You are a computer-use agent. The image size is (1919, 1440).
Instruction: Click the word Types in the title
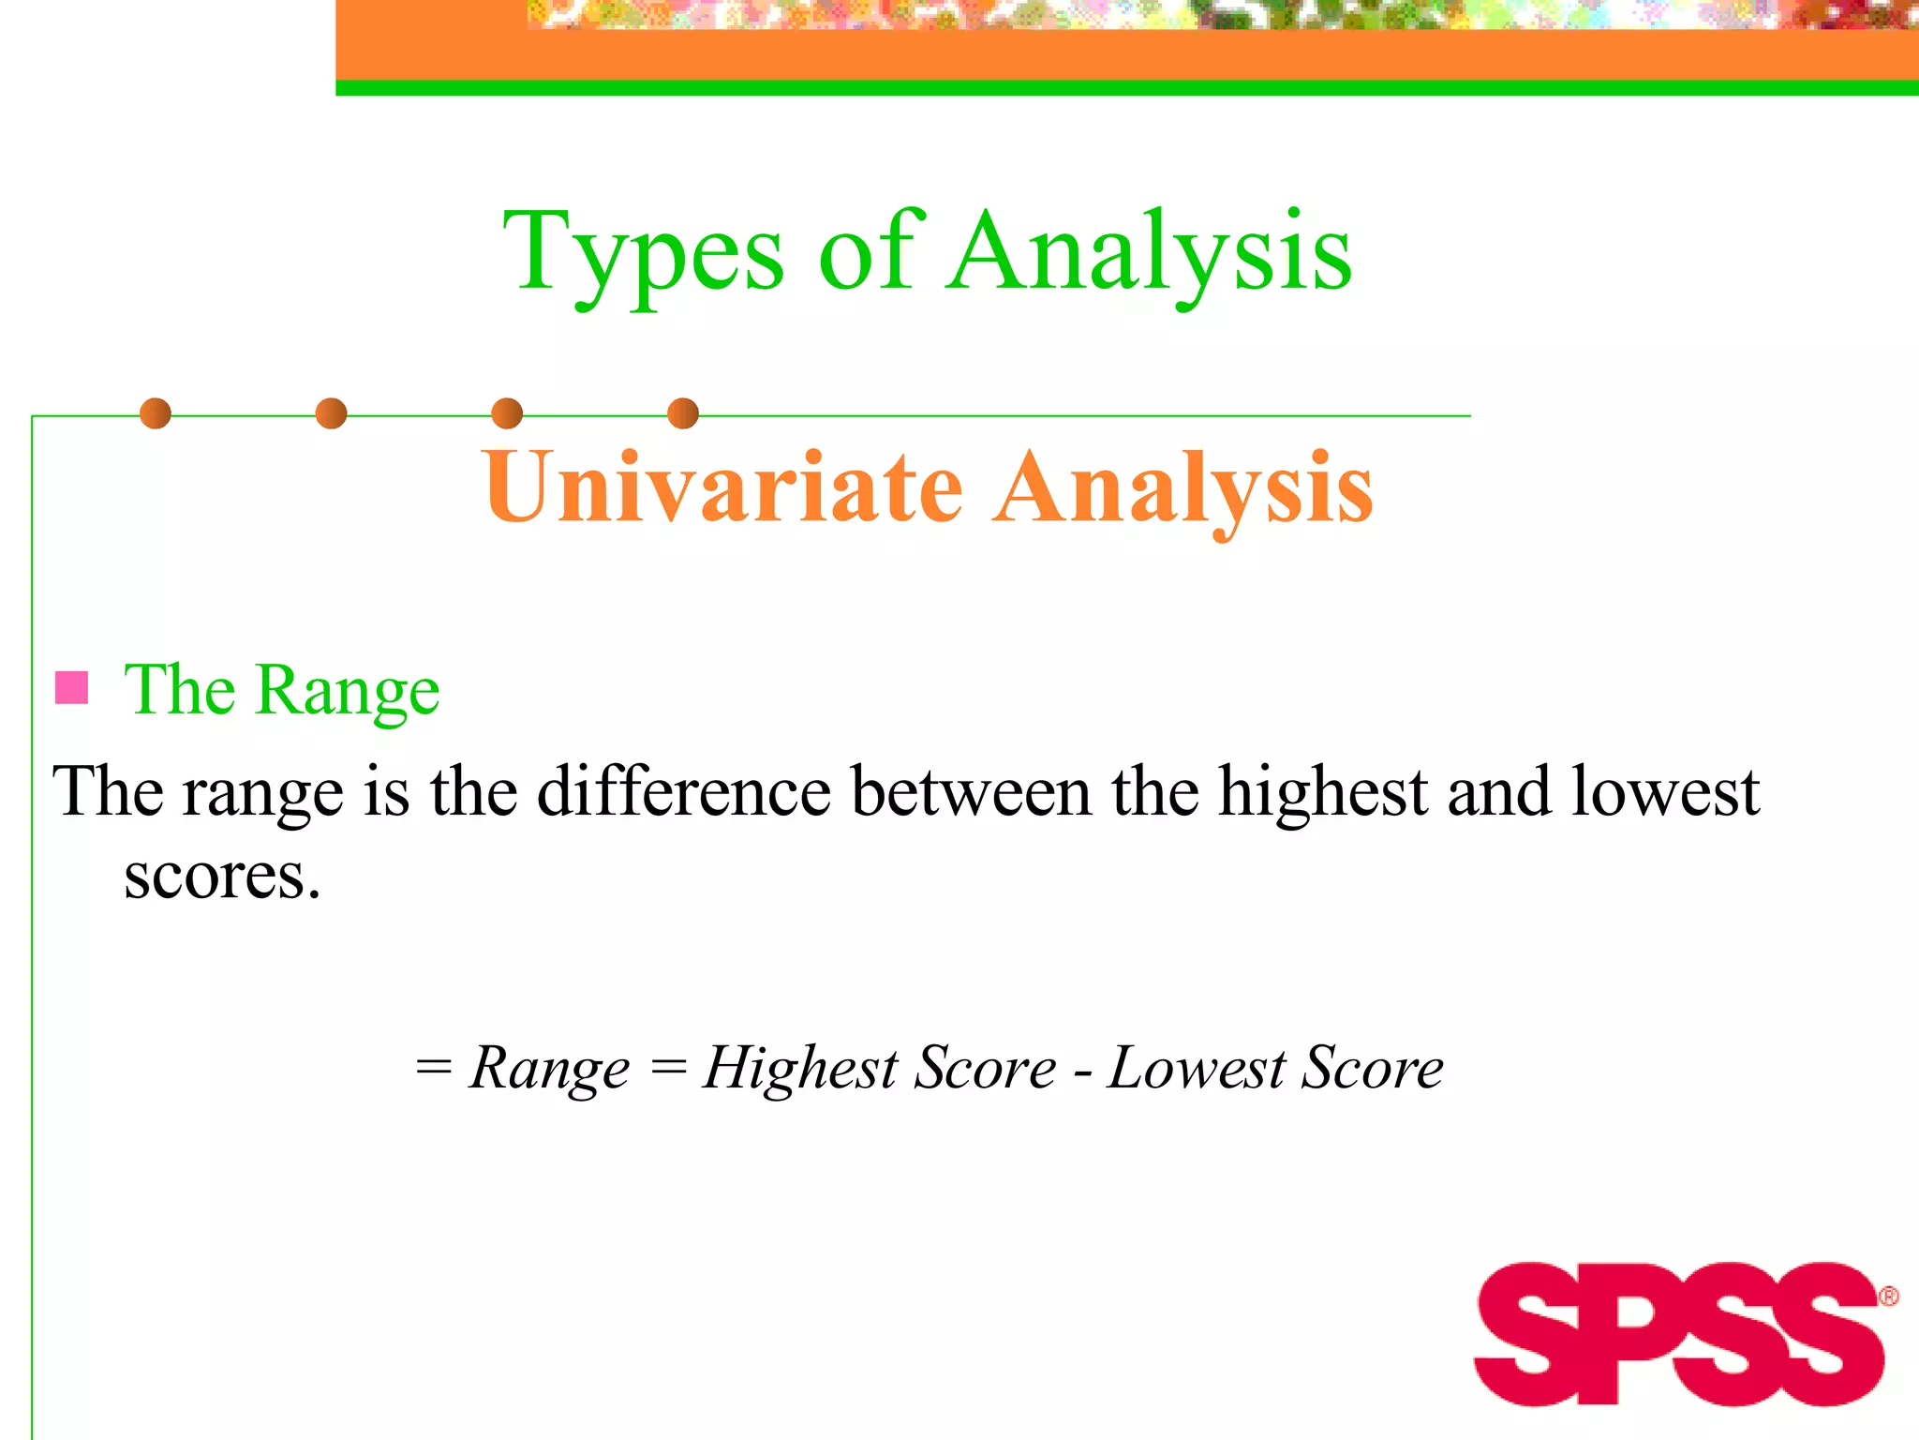tap(643, 253)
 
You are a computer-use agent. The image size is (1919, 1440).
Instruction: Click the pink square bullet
tap(71, 687)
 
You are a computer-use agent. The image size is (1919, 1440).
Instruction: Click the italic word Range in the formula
tap(549, 1069)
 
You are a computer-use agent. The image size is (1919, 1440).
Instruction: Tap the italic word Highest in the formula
tap(800, 1069)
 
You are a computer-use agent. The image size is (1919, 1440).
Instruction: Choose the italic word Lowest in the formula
tap(1197, 1069)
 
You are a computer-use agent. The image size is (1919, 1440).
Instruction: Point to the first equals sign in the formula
tap(434, 1067)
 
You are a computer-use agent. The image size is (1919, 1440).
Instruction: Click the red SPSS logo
tap(1677, 1333)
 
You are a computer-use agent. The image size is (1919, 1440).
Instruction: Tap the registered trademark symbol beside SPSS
tap(1888, 1297)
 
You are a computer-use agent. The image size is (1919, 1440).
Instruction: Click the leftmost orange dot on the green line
tap(156, 413)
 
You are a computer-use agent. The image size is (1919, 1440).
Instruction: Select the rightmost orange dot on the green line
tap(683, 413)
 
